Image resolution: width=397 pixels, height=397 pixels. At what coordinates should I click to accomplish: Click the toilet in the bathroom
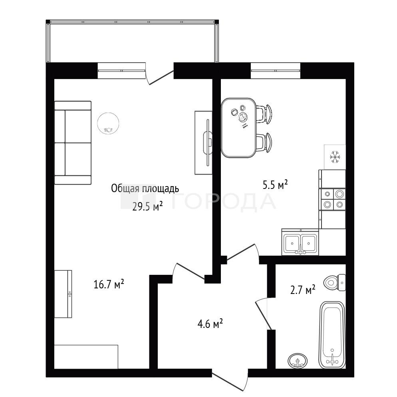pyautogui.click(x=334, y=282)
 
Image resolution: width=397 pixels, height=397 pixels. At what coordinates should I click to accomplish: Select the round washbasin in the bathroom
pyautogui.click(x=298, y=360)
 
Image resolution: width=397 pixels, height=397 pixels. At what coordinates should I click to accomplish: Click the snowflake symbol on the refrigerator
pyautogui.click(x=335, y=157)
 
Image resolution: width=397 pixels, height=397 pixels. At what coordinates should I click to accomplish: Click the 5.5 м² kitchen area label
pyautogui.click(x=275, y=185)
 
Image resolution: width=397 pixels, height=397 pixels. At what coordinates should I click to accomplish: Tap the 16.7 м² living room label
pyautogui.click(x=109, y=284)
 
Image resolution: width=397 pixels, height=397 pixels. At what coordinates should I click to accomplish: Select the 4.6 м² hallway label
pyautogui.click(x=210, y=324)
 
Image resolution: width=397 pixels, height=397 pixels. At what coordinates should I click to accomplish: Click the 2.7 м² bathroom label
pyautogui.click(x=303, y=290)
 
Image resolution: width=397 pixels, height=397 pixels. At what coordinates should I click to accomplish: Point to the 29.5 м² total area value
pyautogui.click(x=147, y=206)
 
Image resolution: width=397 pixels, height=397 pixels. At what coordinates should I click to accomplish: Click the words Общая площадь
pyautogui.click(x=145, y=189)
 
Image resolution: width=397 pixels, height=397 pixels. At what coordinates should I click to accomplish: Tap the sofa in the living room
pyautogui.click(x=73, y=143)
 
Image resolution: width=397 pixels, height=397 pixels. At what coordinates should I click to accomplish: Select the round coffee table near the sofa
pyautogui.click(x=108, y=123)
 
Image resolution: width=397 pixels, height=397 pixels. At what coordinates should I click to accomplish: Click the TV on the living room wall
pyautogui.click(x=208, y=143)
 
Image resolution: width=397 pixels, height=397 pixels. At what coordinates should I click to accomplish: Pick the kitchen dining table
pyautogui.click(x=238, y=128)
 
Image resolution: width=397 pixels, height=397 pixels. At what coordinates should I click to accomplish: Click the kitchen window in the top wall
pyautogui.click(x=276, y=70)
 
